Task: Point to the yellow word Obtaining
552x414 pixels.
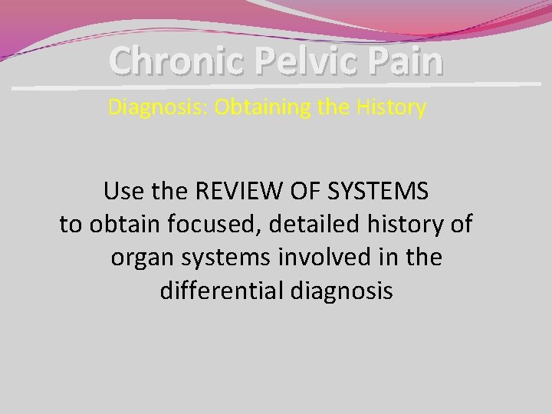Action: (x=261, y=107)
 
